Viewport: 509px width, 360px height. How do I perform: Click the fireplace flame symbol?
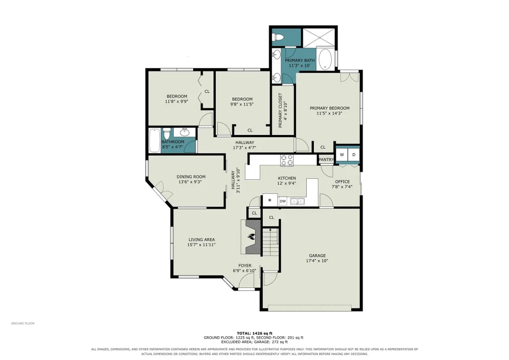251,236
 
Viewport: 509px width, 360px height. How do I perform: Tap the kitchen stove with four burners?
287,160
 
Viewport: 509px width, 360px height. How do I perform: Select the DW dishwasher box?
283,201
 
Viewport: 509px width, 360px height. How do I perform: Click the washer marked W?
342,155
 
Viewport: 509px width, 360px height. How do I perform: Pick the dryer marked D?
354,155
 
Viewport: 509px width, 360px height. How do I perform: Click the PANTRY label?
326,160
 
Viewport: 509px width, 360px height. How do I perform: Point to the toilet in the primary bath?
278,37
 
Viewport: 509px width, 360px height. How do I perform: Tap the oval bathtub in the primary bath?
325,60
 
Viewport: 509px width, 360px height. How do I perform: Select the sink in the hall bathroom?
185,132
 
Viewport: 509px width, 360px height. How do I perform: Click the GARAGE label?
317,255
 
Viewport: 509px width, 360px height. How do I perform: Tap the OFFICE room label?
342,181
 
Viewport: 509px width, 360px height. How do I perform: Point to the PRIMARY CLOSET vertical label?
280,110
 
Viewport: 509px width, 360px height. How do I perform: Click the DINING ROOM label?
191,177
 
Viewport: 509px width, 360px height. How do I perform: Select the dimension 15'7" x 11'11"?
202,245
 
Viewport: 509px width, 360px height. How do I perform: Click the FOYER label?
245,266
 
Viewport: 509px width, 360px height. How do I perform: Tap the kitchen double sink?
297,201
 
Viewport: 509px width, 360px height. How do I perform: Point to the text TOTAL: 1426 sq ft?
254,333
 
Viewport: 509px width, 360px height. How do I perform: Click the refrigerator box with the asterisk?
270,200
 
